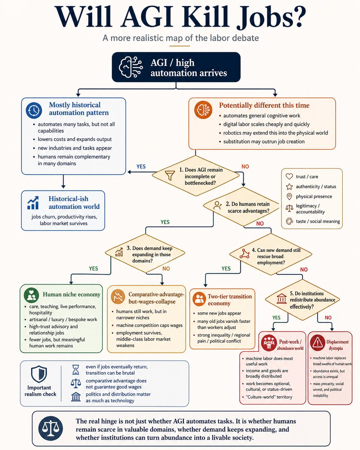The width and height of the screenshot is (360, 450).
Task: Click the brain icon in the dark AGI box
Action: click(131, 67)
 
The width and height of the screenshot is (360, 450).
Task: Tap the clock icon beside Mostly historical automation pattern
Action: click(34, 110)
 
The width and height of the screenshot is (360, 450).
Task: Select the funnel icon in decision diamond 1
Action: click(169, 175)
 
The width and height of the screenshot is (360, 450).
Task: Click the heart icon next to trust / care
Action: click(289, 176)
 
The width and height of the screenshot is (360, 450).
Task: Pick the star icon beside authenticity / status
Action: click(289, 186)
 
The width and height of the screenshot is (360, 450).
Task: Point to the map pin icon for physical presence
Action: click(289, 196)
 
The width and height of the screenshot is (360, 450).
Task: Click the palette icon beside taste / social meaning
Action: click(289, 221)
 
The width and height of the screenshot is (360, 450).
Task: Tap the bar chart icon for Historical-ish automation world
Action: click(33, 202)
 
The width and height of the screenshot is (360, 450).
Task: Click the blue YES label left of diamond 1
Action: click(141, 166)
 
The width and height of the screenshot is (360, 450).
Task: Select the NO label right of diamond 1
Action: click(245, 166)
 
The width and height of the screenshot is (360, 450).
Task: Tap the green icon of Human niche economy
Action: click(31, 295)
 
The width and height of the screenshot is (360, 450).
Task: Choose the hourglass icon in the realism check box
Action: click(76, 369)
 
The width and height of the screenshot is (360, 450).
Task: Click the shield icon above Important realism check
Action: click(39, 374)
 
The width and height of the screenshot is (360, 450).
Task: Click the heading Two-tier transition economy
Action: click(229, 300)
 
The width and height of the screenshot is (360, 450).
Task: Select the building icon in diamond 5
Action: click(282, 298)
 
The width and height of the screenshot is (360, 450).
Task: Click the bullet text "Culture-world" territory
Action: click(269, 397)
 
